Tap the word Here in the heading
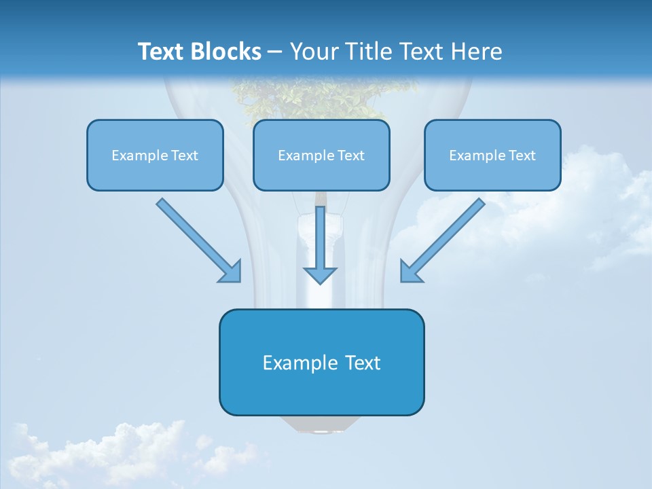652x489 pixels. tap(477, 52)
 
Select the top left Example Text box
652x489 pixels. tap(155, 156)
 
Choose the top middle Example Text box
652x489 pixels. tap(321, 156)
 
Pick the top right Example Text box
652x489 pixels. tap(492, 156)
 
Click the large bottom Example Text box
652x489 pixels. tap(321, 363)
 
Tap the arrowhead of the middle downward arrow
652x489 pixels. tap(320, 275)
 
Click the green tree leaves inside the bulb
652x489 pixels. tap(319, 98)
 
